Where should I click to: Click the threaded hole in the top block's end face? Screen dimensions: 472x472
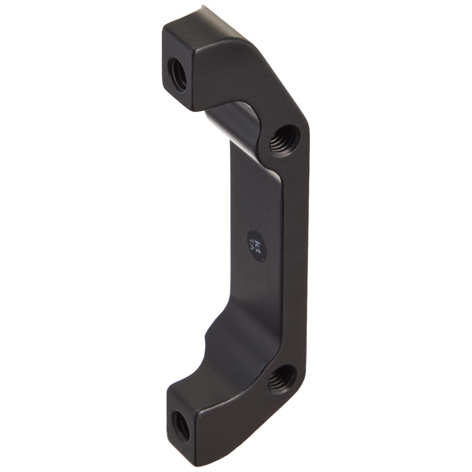pyautogui.click(x=177, y=74)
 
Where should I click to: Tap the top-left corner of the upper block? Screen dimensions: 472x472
pyautogui.click(x=164, y=27)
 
